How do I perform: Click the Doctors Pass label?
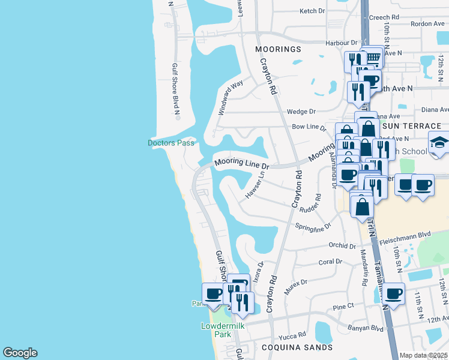pos(172,143)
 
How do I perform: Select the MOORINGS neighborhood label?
pos(278,49)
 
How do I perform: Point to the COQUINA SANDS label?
pos(297,347)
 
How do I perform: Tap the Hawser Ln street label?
pos(255,187)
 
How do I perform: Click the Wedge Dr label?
pos(301,112)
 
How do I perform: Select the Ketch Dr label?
pos(312,11)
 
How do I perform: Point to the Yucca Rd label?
pos(294,334)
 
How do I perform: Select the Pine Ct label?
pos(344,307)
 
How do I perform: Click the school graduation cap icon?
pos(439,143)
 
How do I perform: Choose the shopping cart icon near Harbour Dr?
pos(373,58)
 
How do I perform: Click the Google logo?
pos(20,353)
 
